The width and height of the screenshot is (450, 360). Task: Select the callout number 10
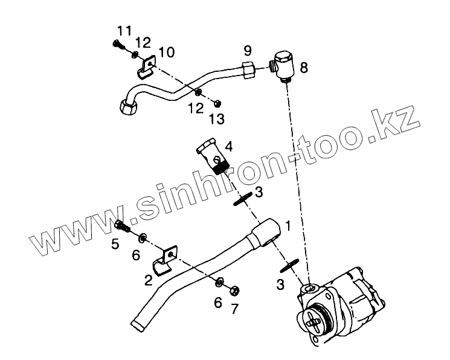tap(166, 53)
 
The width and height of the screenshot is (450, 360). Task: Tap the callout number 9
tap(247, 48)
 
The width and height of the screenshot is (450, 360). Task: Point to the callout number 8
tap(303, 68)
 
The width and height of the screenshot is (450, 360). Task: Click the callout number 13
tap(216, 119)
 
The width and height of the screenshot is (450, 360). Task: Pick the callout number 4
tap(228, 146)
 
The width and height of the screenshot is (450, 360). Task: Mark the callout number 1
tap(288, 226)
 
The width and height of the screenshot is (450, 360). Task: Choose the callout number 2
tap(149, 280)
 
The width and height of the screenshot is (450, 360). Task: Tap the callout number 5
tap(115, 245)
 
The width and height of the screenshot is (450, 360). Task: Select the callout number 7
tap(234, 309)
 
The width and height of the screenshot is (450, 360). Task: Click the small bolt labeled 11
tap(117, 43)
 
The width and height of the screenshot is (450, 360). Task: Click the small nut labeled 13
tap(219, 102)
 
